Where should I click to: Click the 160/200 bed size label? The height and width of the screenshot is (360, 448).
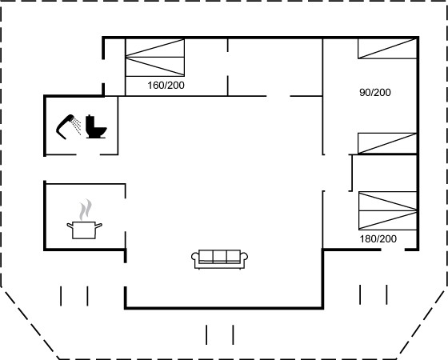(x=166, y=85)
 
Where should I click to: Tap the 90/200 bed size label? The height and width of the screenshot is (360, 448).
(x=375, y=92)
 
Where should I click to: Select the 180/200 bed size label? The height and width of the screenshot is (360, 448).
(x=378, y=238)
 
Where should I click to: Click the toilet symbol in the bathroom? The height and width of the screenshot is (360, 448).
(x=96, y=126)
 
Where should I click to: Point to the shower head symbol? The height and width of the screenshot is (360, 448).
(x=66, y=126)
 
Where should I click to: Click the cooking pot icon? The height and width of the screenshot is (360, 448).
(x=84, y=230)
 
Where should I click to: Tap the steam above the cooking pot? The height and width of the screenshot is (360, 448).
(x=86, y=210)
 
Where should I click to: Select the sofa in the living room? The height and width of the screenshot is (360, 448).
(x=219, y=259)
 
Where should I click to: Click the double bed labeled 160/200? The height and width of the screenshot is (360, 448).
(x=155, y=58)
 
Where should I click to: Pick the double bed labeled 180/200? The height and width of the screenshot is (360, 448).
(x=387, y=211)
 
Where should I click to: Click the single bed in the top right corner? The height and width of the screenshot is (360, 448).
(x=387, y=49)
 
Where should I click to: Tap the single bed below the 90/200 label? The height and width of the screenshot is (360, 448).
(x=387, y=143)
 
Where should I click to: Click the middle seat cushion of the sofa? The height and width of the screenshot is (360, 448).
(x=220, y=256)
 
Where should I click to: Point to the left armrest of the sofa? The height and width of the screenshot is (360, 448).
(x=195, y=257)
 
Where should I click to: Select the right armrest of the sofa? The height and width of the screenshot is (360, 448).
(x=244, y=257)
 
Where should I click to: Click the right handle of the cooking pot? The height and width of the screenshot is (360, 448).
(x=98, y=226)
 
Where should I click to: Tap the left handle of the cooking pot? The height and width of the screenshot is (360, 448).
(x=70, y=226)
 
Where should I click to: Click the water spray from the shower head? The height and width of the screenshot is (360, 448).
(x=76, y=126)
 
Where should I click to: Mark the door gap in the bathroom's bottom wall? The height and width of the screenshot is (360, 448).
(x=88, y=154)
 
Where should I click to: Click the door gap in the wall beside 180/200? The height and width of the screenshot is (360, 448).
(x=393, y=250)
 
